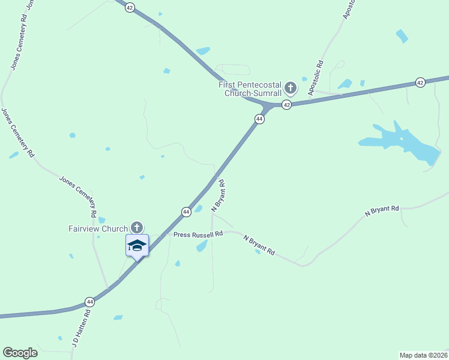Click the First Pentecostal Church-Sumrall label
point(250,89)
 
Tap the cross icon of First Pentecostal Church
point(291,89)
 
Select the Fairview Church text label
point(97,229)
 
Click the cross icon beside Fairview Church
point(137,227)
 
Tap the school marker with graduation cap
point(137,245)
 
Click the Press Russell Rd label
point(198,234)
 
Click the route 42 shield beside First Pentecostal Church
point(287,105)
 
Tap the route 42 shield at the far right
point(420,82)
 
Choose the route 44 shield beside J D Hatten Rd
point(89,301)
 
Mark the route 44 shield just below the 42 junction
point(259,119)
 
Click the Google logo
point(20,353)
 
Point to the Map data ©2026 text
point(423,355)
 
